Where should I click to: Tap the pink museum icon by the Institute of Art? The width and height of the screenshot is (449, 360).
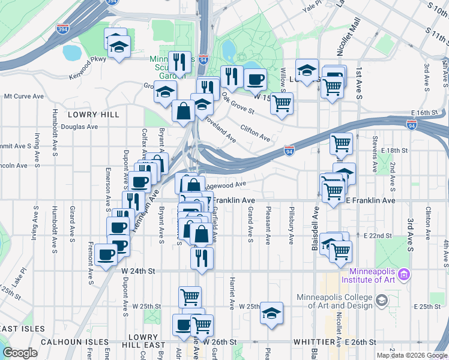click(x=405, y=274)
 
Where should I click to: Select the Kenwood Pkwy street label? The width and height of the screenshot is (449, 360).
click(x=88, y=59)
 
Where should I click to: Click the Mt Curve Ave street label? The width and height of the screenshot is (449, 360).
click(x=24, y=96)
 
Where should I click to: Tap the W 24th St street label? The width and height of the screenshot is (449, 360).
click(x=138, y=271)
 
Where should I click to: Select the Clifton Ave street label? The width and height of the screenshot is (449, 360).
click(x=255, y=133)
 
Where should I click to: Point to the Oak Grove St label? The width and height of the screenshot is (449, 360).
click(x=238, y=103)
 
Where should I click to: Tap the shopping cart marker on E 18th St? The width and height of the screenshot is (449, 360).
click(x=342, y=143)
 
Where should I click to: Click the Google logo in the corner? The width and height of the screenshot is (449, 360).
click(x=19, y=353)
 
